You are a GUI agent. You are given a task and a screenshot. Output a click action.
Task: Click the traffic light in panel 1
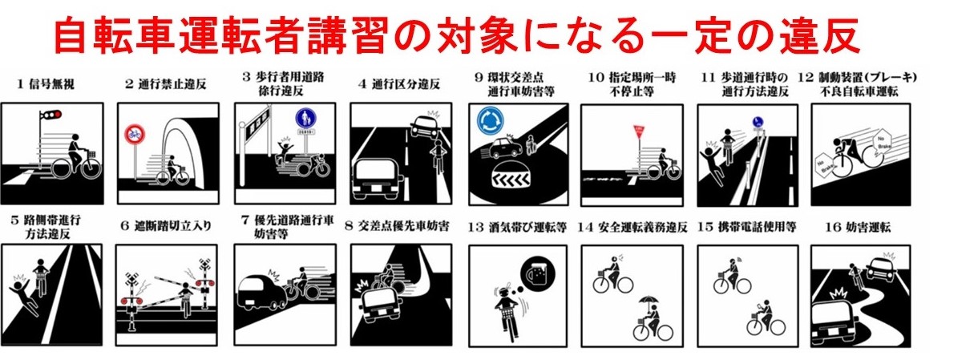[52, 117]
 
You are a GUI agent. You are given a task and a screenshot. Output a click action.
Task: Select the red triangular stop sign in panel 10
[639, 128]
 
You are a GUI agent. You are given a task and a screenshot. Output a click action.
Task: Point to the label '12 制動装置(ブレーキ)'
[858, 77]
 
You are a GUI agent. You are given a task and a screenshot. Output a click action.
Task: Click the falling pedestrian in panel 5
[17, 285]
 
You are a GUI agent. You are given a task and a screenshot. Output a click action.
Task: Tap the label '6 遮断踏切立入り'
[167, 226]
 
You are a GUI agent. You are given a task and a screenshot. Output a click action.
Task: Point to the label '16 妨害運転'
[856, 227]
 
